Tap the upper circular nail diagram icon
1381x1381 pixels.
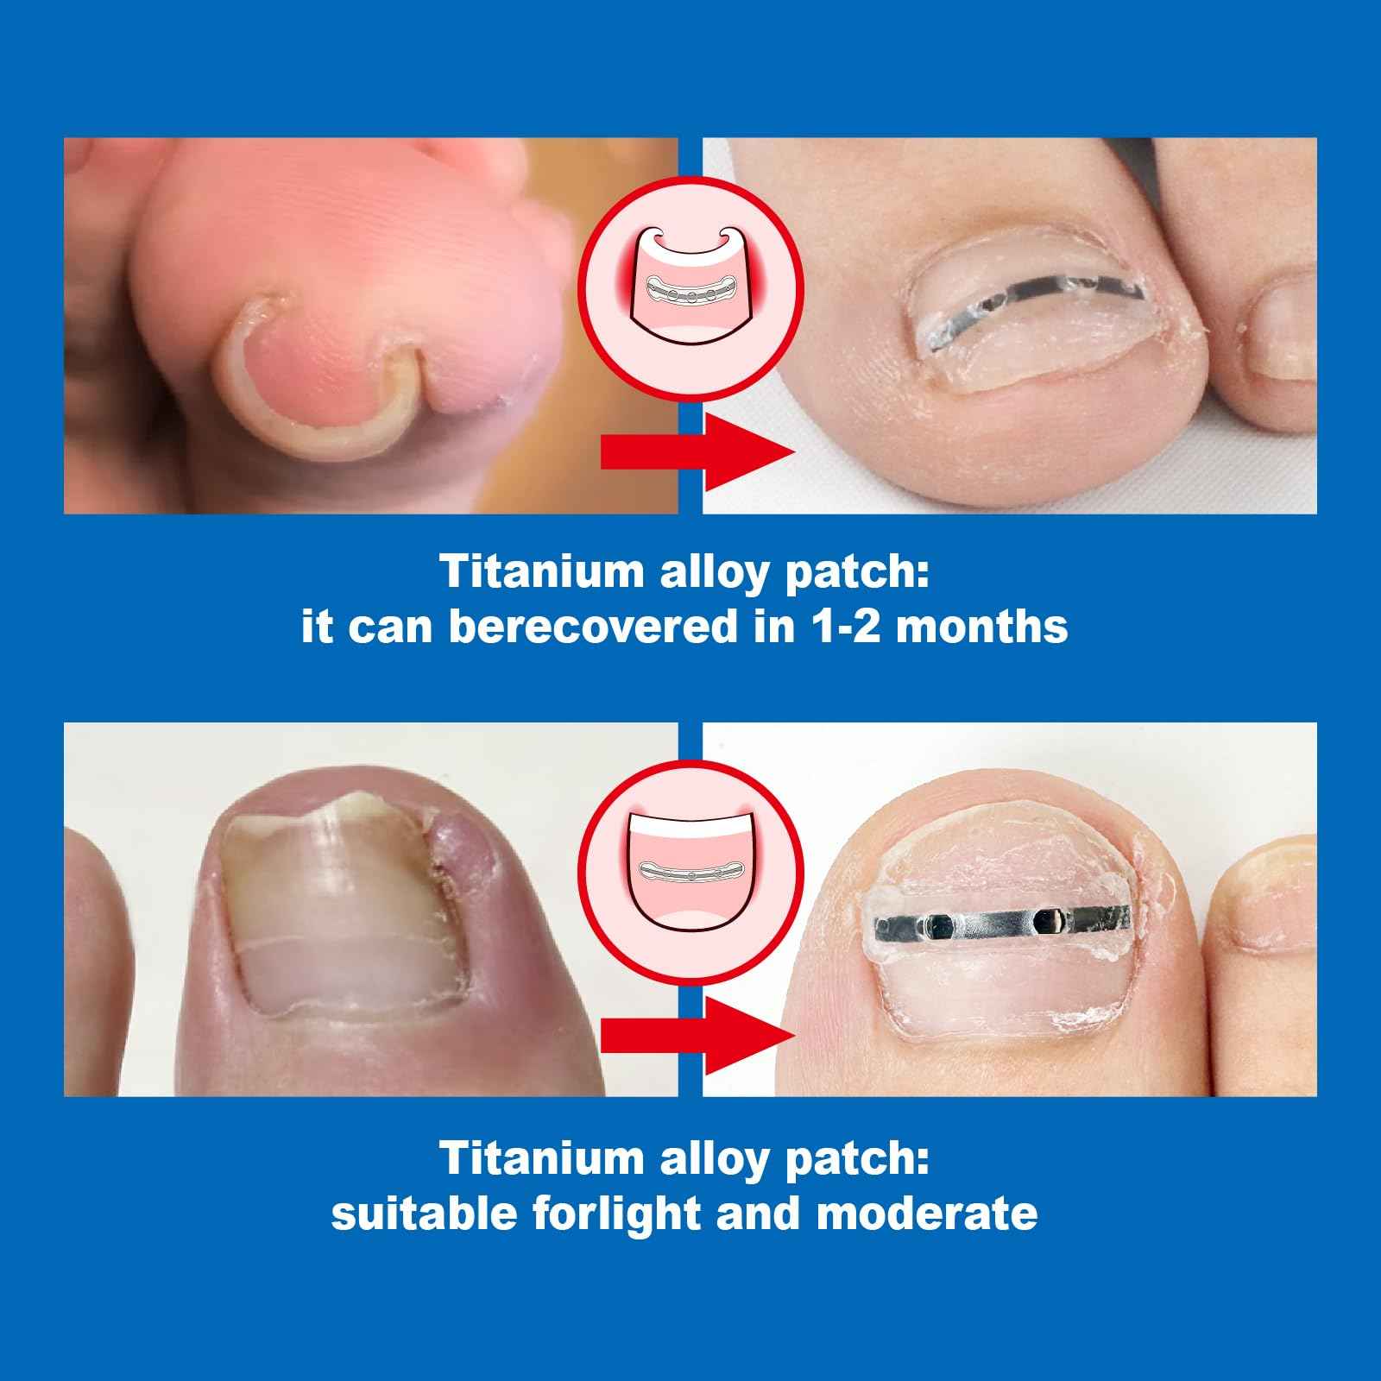[x=690, y=284]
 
